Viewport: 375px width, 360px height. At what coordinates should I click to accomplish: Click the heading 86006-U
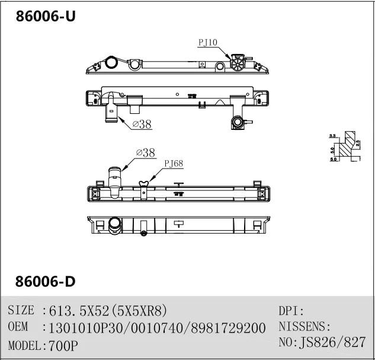(45, 17)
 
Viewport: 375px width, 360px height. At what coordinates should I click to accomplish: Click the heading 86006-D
(45, 281)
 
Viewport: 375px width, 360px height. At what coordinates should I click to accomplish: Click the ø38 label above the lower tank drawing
(145, 152)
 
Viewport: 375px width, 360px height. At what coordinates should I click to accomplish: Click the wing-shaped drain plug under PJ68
(143, 184)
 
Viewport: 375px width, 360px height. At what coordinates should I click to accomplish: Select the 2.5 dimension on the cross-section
(358, 142)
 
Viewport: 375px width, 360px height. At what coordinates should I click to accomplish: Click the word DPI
(290, 310)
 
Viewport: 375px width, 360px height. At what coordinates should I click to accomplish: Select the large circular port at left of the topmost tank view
(110, 63)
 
